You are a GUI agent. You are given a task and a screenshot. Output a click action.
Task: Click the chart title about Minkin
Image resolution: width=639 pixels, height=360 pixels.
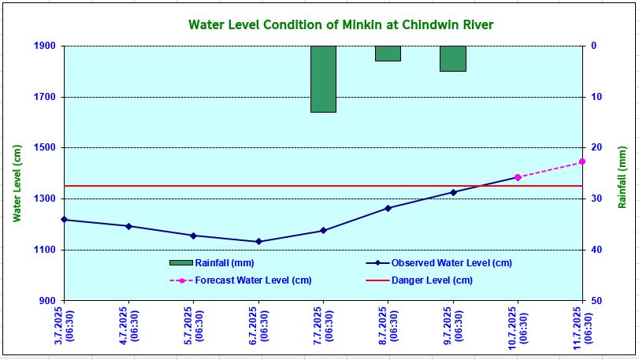[x=341, y=24]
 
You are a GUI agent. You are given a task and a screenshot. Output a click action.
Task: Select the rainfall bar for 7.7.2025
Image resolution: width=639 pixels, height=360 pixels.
[x=323, y=79]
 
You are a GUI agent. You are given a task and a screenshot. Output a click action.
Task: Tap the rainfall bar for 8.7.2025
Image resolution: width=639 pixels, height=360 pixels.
[x=388, y=54]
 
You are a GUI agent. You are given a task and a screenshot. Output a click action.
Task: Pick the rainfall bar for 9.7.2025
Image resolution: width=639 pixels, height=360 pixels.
[x=452, y=58]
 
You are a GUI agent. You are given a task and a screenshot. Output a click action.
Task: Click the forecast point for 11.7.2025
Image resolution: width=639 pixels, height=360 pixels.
[x=582, y=161]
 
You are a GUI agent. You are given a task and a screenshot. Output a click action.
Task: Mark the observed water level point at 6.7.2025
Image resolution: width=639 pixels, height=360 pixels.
[x=258, y=242]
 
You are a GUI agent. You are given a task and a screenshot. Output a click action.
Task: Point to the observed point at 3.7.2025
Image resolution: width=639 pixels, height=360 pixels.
[x=64, y=220]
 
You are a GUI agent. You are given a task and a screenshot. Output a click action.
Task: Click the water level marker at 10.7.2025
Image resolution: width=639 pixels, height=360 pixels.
[x=518, y=177]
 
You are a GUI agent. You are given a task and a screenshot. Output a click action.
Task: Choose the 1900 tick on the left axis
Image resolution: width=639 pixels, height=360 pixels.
[x=46, y=46]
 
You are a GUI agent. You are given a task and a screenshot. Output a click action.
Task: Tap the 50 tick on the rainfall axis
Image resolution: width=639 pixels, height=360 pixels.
[x=597, y=301]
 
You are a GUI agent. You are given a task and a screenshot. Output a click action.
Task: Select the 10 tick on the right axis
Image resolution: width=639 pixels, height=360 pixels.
[x=597, y=97]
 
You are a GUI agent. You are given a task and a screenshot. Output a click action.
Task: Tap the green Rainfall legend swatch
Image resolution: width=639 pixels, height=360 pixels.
[x=180, y=263]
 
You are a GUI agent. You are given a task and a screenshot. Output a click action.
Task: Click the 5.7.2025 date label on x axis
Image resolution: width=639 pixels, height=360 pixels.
[x=194, y=325]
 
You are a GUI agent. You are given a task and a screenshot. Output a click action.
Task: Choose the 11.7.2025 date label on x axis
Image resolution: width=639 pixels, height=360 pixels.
[x=582, y=325]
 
